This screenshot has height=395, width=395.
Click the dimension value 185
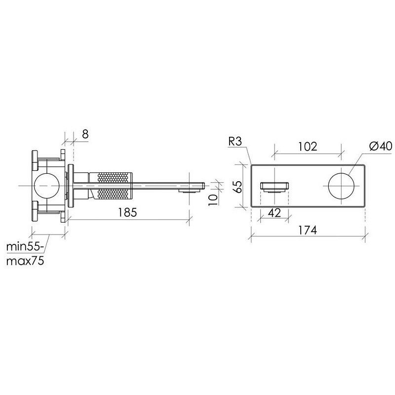point(127,212)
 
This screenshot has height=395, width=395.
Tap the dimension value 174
point(307,230)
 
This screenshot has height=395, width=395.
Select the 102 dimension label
point(308,146)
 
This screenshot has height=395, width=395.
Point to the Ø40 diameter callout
point(381,146)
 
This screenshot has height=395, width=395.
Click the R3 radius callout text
point(235,141)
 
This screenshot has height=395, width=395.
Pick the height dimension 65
point(237,187)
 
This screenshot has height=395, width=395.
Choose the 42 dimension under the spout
point(275,213)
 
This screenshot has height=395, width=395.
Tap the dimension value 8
point(85,134)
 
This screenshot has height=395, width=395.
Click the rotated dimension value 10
point(213,200)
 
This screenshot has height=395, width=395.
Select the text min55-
point(23,246)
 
